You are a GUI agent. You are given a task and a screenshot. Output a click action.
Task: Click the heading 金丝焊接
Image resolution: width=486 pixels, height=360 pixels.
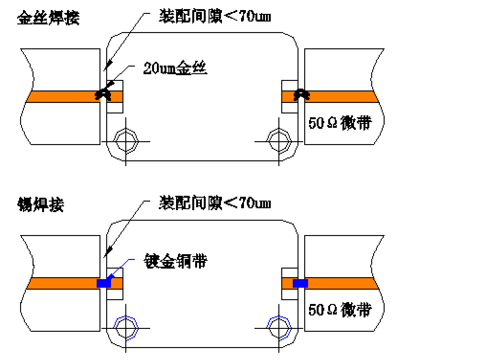pyautogui.click(x=48, y=18)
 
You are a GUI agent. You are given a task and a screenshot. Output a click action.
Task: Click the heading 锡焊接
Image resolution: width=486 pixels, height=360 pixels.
pyautogui.click(x=41, y=204)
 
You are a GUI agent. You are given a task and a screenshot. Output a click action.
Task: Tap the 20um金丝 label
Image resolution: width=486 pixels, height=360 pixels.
pyautogui.click(x=175, y=68)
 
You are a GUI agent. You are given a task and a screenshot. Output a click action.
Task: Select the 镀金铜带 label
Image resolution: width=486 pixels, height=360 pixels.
pyautogui.click(x=176, y=261)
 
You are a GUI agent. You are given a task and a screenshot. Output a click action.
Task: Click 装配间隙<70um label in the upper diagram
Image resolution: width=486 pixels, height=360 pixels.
pyautogui.click(x=215, y=16)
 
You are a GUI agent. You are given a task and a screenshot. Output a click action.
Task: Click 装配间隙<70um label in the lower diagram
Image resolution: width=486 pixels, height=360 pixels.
pyautogui.click(x=215, y=203)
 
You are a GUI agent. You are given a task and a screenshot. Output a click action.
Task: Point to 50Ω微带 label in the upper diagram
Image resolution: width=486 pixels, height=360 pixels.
pyautogui.click(x=340, y=123)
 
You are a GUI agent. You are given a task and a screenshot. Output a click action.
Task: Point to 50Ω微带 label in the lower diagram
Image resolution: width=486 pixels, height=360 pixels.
pyautogui.click(x=340, y=310)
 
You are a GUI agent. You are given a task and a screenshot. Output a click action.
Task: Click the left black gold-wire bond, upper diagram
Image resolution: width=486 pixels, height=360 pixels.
pyautogui.click(x=103, y=95)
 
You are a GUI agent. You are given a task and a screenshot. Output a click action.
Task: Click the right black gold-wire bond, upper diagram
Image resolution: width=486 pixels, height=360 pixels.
pyautogui.click(x=301, y=95)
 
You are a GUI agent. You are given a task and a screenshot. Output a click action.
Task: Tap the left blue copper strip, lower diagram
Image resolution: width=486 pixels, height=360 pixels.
pyautogui.click(x=104, y=283)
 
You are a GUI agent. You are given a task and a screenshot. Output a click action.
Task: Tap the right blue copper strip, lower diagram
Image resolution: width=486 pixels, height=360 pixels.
pyautogui.click(x=300, y=283)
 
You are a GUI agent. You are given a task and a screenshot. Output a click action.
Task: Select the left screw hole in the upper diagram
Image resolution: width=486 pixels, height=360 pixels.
pyautogui.click(x=126, y=141)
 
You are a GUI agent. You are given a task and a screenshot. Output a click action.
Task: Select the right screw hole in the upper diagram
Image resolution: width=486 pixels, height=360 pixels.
pyautogui.click(x=279, y=141)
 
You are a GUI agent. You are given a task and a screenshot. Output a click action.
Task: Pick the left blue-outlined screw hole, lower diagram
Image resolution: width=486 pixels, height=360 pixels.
pyautogui.click(x=126, y=328)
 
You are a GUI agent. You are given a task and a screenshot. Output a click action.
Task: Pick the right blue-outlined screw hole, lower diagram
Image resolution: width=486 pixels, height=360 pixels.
pyautogui.click(x=279, y=328)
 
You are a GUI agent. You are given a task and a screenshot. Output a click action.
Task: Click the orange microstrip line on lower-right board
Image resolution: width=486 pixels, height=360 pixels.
pyautogui.click(x=342, y=283)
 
